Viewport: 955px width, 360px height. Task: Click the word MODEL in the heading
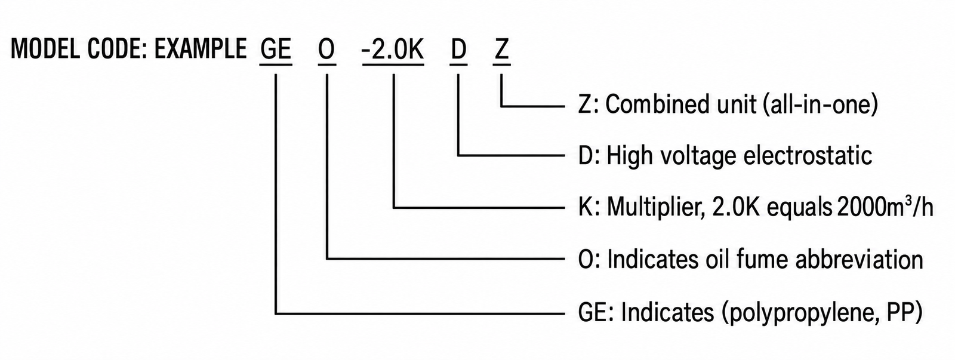(x=45, y=49)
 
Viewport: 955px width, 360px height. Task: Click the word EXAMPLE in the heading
(x=201, y=49)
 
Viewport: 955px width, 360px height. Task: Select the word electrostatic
(x=808, y=155)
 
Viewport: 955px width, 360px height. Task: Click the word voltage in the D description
(x=698, y=156)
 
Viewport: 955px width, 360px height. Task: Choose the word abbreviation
(x=859, y=260)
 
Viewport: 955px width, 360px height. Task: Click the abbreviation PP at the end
(x=905, y=312)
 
